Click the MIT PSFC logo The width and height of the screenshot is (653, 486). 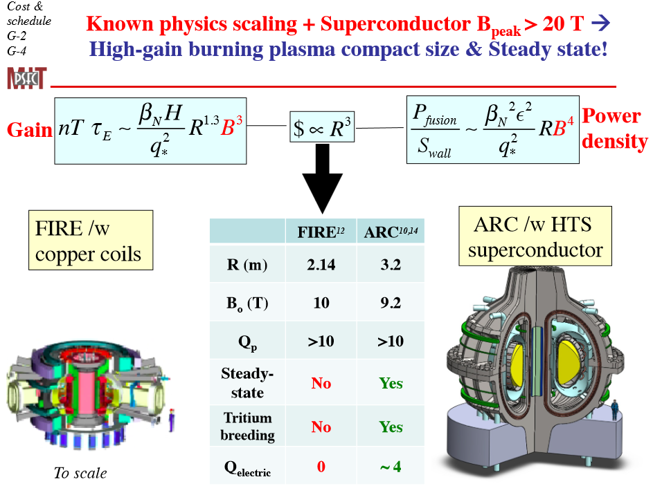26,78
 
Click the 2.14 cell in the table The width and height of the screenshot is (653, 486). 321,265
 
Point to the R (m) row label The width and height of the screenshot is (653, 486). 247,265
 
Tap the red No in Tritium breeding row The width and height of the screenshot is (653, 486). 321,427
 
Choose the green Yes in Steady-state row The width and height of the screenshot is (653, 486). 391,383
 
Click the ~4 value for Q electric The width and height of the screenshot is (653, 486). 391,467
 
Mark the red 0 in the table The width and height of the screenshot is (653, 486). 321,467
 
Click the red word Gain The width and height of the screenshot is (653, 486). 28,130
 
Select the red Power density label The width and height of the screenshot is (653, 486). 615,129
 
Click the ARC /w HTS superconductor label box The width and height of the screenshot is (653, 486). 535,236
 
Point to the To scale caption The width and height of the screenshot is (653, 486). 80,474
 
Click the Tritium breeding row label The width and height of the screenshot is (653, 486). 247,427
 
